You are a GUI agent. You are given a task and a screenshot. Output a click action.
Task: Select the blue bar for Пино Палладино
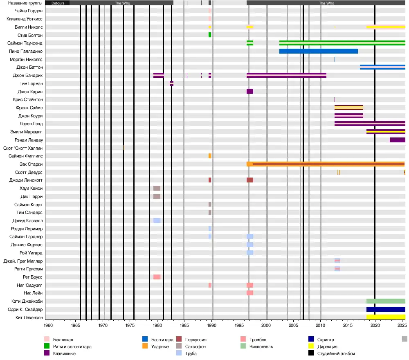(318, 51)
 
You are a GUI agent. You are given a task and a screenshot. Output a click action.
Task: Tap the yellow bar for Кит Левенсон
(386, 317)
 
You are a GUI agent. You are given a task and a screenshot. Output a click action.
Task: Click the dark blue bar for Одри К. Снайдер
(386, 309)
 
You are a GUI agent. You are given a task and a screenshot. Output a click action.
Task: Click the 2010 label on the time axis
(321, 326)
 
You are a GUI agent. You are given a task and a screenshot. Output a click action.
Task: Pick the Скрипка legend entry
(326, 340)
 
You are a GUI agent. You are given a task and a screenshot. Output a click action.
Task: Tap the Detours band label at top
(58, 3)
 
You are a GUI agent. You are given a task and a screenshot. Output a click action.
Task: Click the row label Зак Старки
(31, 164)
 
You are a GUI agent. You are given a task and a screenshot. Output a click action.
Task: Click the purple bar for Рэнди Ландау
(397, 140)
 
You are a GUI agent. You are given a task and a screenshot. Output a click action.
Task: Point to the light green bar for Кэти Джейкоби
(386, 301)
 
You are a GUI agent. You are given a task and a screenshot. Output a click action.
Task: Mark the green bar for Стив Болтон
(210, 35)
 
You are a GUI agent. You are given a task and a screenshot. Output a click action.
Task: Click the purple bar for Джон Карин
(250, 91)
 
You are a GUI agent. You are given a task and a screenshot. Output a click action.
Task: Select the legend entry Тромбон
(258, 340)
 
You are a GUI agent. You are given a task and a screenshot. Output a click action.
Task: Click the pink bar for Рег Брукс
(157, 277)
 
